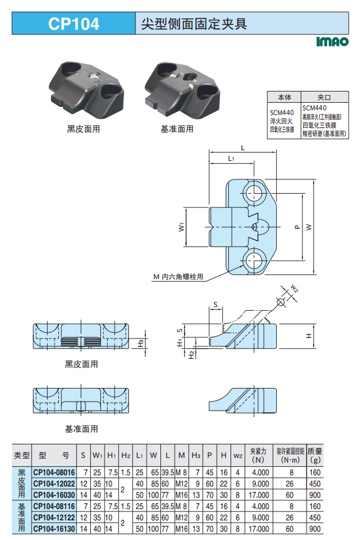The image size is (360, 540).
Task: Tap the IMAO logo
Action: (331, 42)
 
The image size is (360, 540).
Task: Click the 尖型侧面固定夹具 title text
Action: (194, 24)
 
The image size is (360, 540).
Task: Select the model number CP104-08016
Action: (54, 472)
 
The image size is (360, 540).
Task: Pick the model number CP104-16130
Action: (54, 528)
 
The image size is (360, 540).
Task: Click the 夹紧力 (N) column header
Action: (258, 455)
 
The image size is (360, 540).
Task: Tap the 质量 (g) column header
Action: (315, 455)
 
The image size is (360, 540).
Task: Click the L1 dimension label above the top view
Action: (232, 159)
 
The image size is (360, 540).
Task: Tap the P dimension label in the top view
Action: (296, 226)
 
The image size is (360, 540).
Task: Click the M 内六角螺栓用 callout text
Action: (178, 276)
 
